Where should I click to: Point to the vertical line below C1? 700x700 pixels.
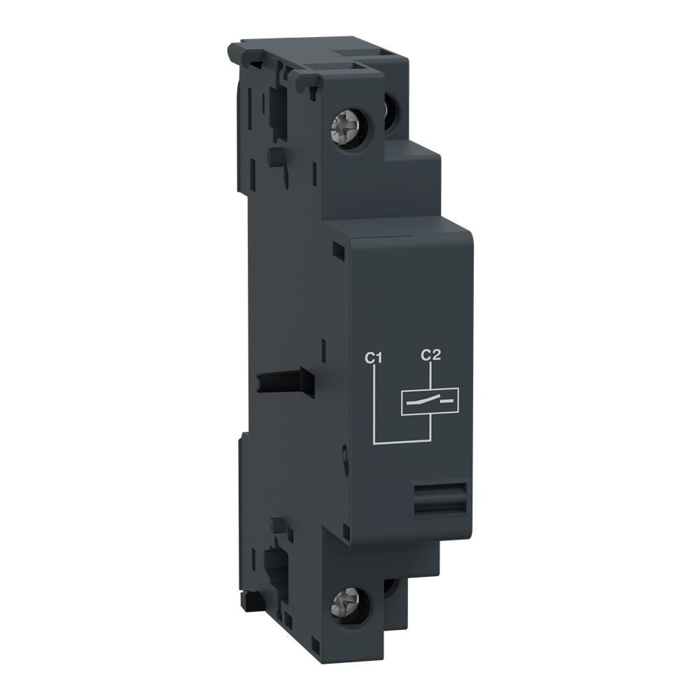[376, 402]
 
